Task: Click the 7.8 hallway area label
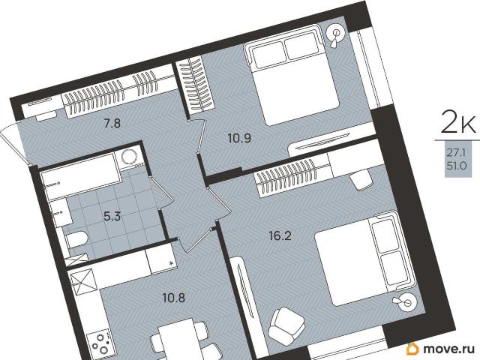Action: (x=112, y=124)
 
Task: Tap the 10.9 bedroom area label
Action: (x=239, y=138)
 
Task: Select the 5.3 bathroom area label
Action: (x=112, y=217)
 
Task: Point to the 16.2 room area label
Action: (x=280, y=235)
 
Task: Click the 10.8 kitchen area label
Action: (x=173, y=298)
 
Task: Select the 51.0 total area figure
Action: (x=457, y=166)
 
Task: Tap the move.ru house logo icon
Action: (x=412, y=348)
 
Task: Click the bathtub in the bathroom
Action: (x=81, y=177)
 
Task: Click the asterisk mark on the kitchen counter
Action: (x=172, y=263)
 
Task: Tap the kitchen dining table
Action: (x=178, y=339)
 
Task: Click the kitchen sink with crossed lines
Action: (x=81, y=282)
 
